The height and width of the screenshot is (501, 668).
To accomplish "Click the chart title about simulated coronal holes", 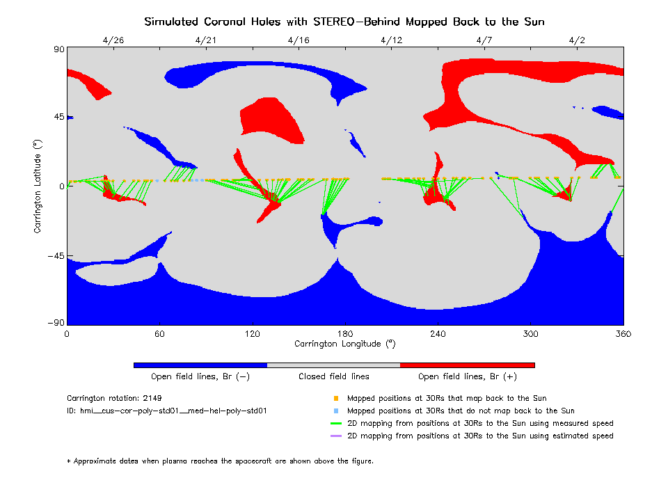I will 344,22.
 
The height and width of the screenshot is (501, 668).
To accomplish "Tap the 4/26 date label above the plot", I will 113,40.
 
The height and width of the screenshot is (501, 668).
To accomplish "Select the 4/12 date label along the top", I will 392,40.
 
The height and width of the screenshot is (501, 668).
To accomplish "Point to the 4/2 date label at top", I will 577,40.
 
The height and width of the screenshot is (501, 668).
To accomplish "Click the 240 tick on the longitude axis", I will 438,334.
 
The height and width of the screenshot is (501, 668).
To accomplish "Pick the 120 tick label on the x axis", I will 252,334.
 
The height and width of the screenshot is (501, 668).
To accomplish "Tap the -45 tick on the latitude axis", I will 55,256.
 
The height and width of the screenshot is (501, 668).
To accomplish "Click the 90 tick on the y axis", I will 58,49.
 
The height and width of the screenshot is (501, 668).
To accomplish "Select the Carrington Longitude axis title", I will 344,344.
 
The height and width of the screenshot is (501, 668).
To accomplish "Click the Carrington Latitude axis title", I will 38,186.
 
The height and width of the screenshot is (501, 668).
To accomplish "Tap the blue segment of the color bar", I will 200,365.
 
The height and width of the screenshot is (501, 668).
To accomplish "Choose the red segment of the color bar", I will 467,365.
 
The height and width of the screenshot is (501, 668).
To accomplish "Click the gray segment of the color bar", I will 333,365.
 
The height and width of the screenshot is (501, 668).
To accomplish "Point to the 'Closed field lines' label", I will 334,376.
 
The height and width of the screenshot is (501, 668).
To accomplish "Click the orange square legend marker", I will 335,399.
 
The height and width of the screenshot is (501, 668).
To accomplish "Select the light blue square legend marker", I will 335,411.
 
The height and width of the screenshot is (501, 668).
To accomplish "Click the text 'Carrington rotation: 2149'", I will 112,399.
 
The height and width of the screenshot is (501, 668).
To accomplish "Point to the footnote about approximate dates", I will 220,461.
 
